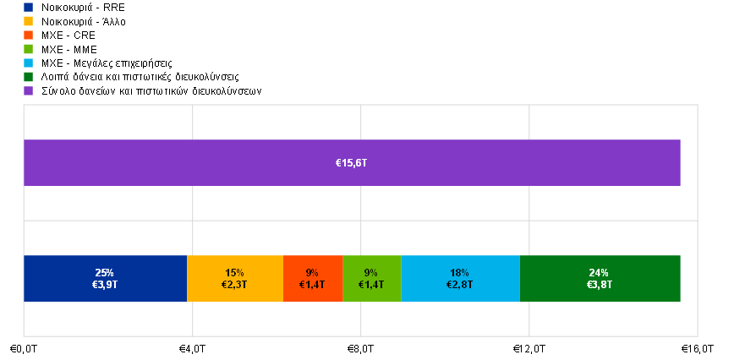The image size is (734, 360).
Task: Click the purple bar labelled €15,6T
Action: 352,163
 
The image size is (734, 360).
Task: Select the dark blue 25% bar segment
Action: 106,279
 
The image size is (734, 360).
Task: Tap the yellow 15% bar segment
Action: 235,279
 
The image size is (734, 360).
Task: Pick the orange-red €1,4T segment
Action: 313,279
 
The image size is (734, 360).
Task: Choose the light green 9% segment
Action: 372,279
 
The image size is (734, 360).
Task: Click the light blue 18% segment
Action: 461,279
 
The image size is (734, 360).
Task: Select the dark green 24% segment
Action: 600,279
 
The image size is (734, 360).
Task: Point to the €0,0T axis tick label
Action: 24,349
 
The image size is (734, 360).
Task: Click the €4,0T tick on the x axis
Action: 192,349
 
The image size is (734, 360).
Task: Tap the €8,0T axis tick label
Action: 360,349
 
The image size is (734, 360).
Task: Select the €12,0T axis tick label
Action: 529,349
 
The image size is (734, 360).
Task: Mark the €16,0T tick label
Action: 698,349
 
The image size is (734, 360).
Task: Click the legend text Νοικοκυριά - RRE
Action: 83,8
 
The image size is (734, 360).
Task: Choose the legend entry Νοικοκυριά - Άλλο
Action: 84,21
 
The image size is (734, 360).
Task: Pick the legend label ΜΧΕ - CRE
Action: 68,35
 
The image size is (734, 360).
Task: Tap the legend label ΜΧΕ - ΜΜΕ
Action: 69,50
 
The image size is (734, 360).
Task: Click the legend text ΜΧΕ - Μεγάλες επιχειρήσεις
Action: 107,63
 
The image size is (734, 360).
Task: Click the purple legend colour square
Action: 29,90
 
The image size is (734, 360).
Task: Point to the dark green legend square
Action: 29,77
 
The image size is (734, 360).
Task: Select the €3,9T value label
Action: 104,284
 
